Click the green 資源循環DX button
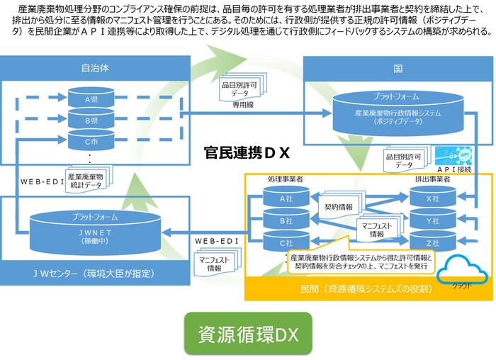[247, 332]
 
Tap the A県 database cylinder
[91, 99]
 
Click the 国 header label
[398, 69]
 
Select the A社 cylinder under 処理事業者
[286, 198]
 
